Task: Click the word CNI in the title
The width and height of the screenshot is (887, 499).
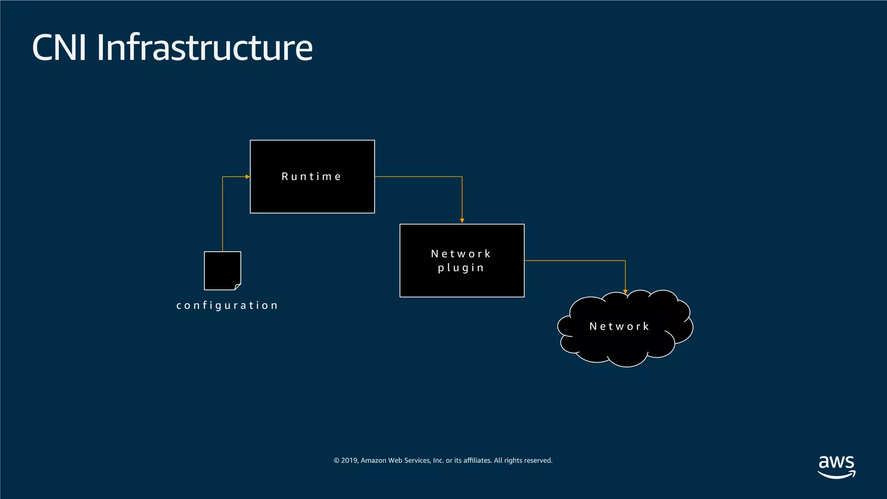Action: click(x=59, y=48)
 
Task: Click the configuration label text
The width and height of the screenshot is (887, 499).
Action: click(x=227, y=305)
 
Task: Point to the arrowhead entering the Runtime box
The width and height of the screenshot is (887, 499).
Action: click(x=247, y=177)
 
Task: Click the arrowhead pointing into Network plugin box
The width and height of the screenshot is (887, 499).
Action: click(x=462, y=221)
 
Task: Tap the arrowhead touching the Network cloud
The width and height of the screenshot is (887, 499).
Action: click(x=625, y=292)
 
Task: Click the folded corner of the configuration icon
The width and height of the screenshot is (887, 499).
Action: click(x=238, y=286)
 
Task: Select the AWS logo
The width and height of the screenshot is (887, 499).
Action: click(x=836, y=466)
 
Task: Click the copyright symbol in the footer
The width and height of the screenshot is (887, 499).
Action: click(x=337, y=460)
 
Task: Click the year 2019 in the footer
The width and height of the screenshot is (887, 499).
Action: click(x=350, y=460)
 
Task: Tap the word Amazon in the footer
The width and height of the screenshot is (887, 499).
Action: click(x=373, y=460)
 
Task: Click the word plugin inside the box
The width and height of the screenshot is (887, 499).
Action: click(x=460, y=268)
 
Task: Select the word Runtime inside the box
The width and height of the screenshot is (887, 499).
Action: click(x=311, y=177)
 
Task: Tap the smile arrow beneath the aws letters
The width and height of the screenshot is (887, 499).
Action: click(x=836, y=475)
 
